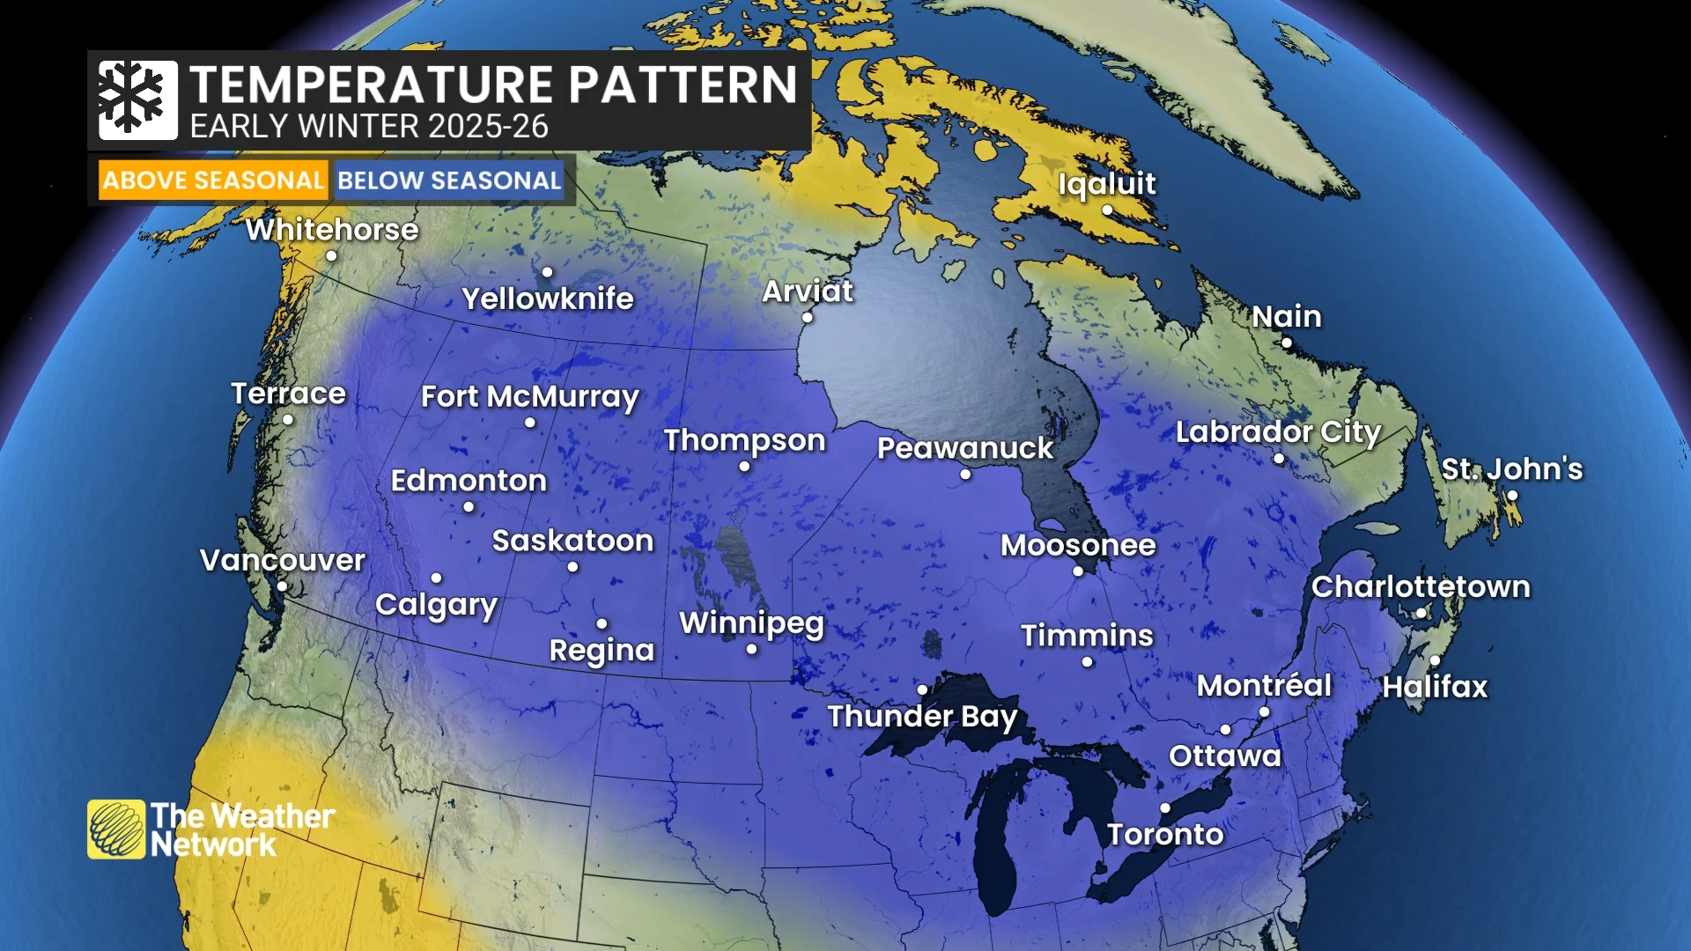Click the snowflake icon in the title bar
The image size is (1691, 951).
[x=137, y=100]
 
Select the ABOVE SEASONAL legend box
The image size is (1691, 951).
[x=213, y=181]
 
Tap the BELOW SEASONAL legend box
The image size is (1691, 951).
[x=449, y=181]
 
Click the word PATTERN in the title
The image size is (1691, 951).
[x=683, y=85]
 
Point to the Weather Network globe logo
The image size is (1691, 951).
[x=115, y=829]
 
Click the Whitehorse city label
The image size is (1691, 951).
[x=332, y=230]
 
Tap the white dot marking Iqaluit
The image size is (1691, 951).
[x=1107, y=210]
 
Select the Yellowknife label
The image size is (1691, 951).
[x=548, y=299]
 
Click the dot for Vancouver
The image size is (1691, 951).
[x=282, y=586]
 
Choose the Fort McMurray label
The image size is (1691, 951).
[x=529, y=397]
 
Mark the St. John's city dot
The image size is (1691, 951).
[x=1512, y=496]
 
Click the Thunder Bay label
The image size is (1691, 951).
[x=922, y=717]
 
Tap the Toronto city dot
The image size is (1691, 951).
[x=1165, y=807]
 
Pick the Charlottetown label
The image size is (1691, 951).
[x=1421, y=587]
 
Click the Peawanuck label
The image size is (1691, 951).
[x=965, y=448]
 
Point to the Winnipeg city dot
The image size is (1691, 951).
[x=751, y=649]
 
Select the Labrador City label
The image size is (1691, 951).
[x=1278, y=432]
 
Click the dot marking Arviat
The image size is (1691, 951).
[x=808, y=317]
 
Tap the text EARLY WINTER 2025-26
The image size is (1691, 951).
[x=369, y=127]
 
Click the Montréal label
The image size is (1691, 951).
[x=1264, y=686]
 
